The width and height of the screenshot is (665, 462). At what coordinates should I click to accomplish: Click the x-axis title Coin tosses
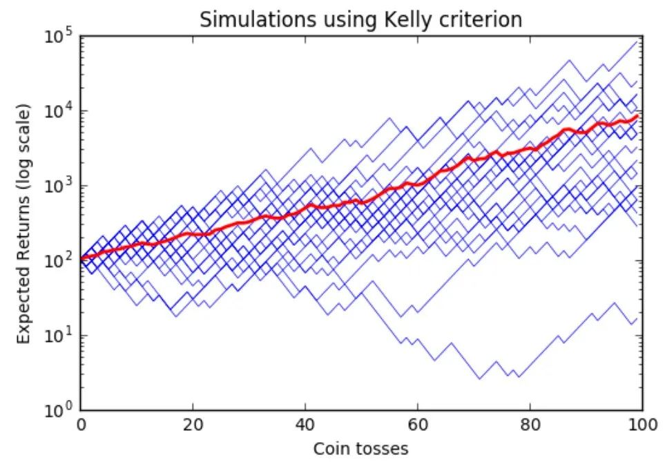tap(360, 448)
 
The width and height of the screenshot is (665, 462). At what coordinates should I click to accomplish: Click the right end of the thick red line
tap(637, 115)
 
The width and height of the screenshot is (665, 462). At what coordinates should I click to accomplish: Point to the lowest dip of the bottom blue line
tap(480, 378)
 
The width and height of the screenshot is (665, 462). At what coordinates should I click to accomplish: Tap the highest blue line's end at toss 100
tap(637, 41)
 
